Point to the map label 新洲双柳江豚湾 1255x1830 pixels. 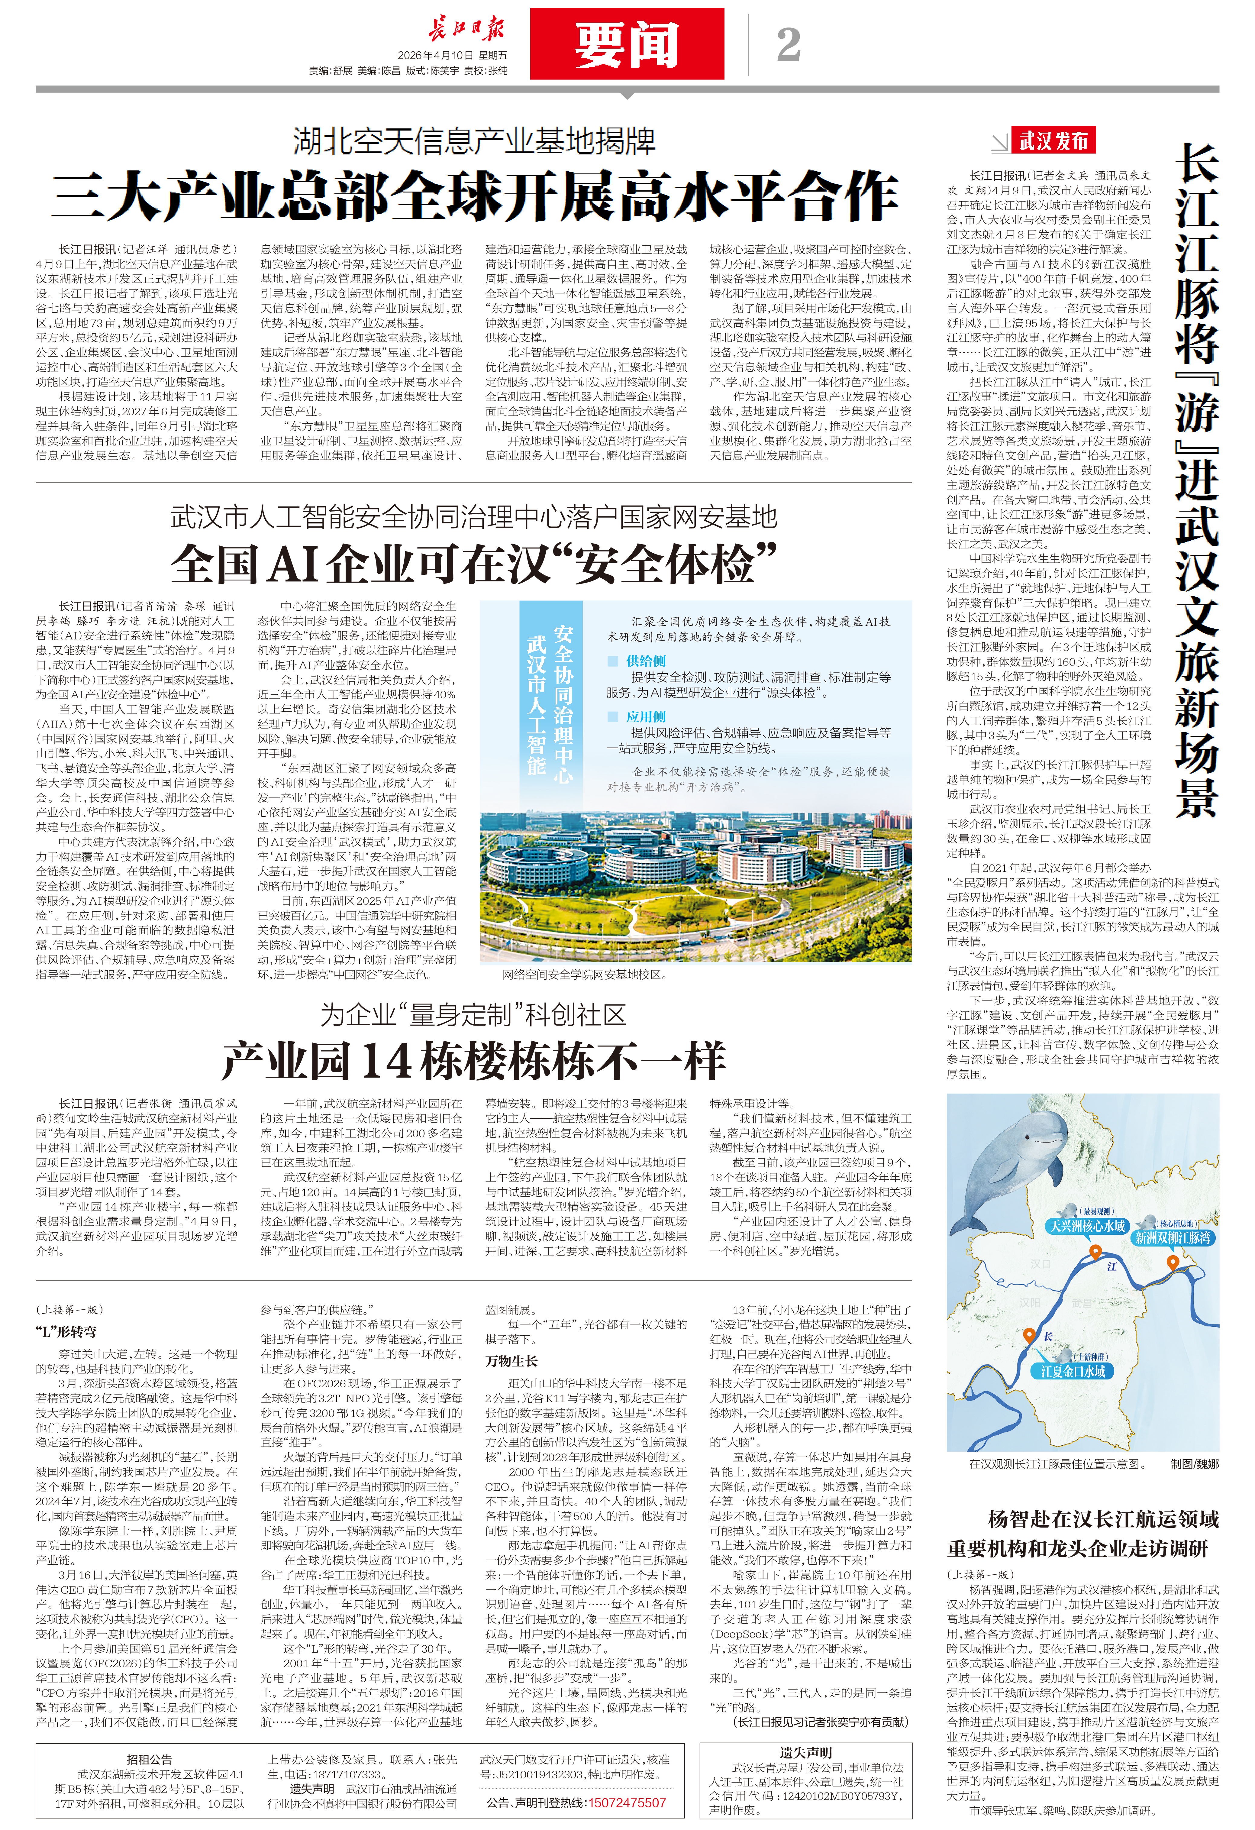(1172, 1238)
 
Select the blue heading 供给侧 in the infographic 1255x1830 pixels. (646, 661)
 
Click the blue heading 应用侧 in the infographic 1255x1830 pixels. (646, 716)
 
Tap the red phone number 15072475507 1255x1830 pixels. (627, 1803)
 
